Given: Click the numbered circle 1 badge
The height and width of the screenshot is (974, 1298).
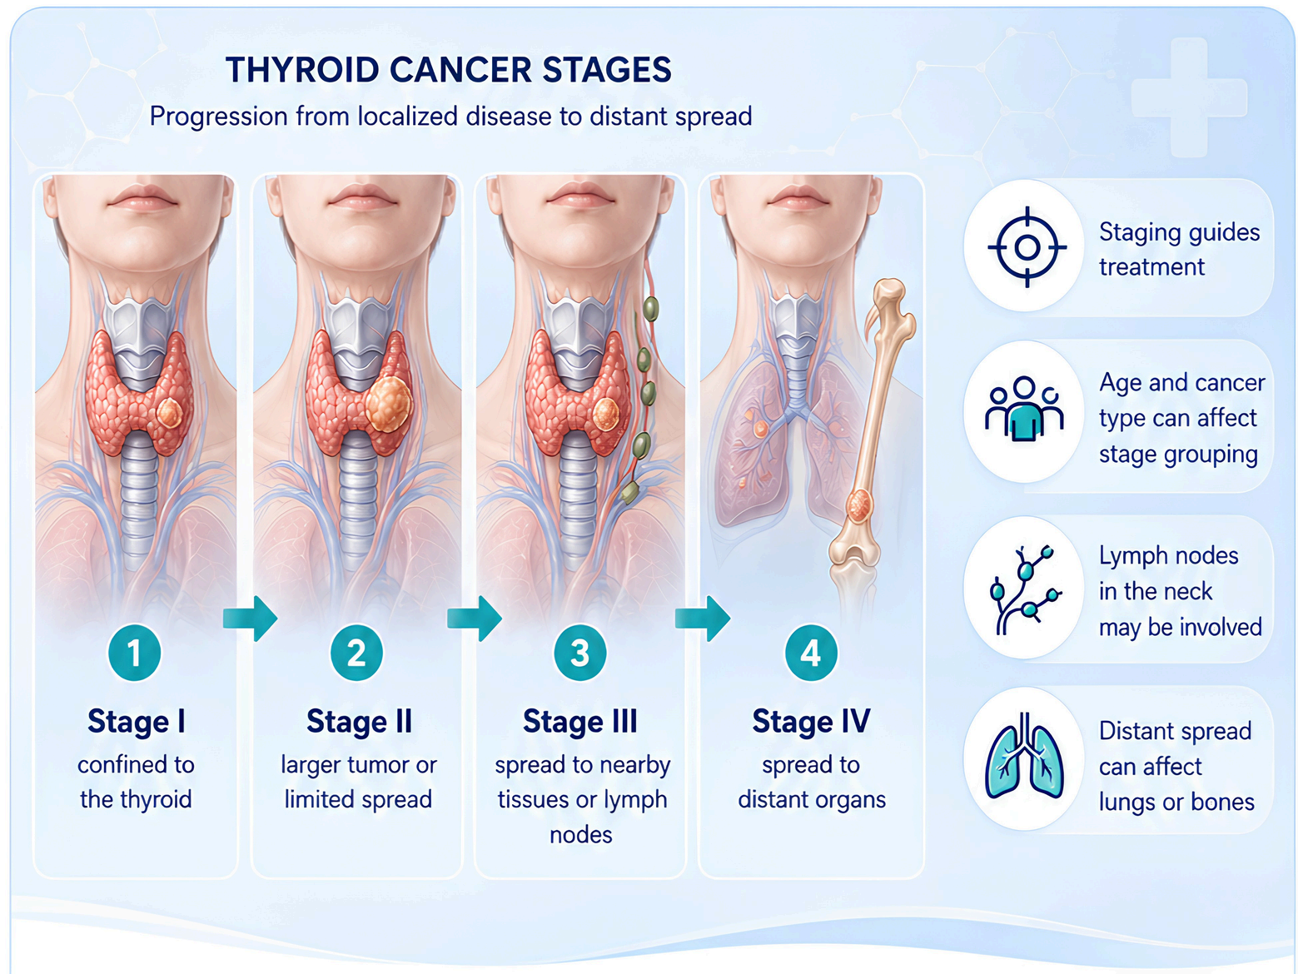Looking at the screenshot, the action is pyautogui.click(x=134, y=653).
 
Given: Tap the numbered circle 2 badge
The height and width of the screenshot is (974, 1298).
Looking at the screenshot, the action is pyautogui.click(x=356, y=653).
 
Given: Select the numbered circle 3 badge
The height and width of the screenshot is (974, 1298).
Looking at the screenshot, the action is pyautogui.click(x=579, y=653).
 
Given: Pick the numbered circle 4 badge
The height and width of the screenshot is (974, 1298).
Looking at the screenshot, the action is pyautogui.click(x=811, y=653).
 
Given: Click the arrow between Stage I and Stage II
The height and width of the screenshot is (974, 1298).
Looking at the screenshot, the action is pyautogui.click(x=250, y=619).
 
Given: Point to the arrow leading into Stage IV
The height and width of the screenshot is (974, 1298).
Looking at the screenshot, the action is pyautogui.click(x=703, y=619).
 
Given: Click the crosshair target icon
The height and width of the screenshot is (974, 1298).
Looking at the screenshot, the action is pyautogui.click(x=1027, y=247).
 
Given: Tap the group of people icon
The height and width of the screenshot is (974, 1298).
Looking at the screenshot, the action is pyautogui.click(x=1025, y=409).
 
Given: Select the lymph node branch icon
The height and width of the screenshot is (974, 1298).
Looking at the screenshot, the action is pyautogui.click(x=1026, y=590).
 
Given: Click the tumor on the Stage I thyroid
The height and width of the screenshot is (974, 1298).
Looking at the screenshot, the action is pyautogui.click(x=169, y=412).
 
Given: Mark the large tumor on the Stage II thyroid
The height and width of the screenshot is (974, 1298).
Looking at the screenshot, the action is pyautogui.click(x=389, y=405).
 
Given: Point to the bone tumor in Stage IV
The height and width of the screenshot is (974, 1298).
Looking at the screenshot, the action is pyautogui.click(x=858, y=506).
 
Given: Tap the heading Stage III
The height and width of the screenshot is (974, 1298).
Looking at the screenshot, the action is pyautogui.click(x=580, y=722).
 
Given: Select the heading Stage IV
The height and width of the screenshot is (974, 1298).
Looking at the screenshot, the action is pyautogui.click(x=811, y=722).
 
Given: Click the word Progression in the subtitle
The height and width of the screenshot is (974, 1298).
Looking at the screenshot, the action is pyautogui.click(x=219, y=117).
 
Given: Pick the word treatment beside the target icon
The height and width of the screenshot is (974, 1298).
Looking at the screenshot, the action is pyautogui.click(x=1151, y=267).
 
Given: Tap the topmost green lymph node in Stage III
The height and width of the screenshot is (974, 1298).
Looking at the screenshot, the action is pyautogui.click(x=650, y=309).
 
